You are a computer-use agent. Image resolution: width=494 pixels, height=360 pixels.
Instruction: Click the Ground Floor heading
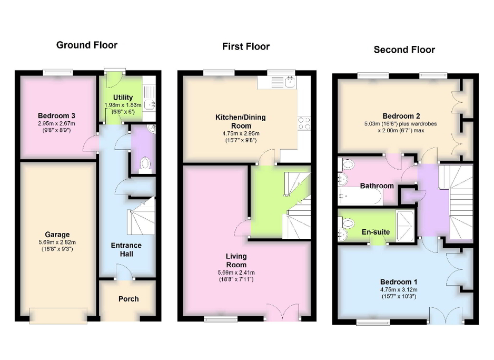pos(87,45)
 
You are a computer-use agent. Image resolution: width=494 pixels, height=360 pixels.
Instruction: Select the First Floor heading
pos(245,47)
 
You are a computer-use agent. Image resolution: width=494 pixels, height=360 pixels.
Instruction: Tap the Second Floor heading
pos(404,50)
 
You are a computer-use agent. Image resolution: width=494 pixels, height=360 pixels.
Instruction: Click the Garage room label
pos(57,235)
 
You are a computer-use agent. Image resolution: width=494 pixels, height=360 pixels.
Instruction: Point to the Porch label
pos(129,299)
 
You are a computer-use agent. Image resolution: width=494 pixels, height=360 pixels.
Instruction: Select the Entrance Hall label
pos(126,249)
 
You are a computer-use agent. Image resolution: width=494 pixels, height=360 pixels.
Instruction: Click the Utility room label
pos(123,98)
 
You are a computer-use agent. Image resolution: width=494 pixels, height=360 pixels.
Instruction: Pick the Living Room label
pos(236,260)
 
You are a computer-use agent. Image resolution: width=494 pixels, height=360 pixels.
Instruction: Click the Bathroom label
pos(377,186)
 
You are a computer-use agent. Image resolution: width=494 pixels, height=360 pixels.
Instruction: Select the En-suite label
pos(375,231)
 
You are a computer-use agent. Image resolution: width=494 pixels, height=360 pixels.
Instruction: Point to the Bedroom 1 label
pos(398,282)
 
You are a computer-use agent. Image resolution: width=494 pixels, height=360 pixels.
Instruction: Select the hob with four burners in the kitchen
pos(304,123)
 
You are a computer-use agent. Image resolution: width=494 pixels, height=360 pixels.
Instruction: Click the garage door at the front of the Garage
pos(57,316)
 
